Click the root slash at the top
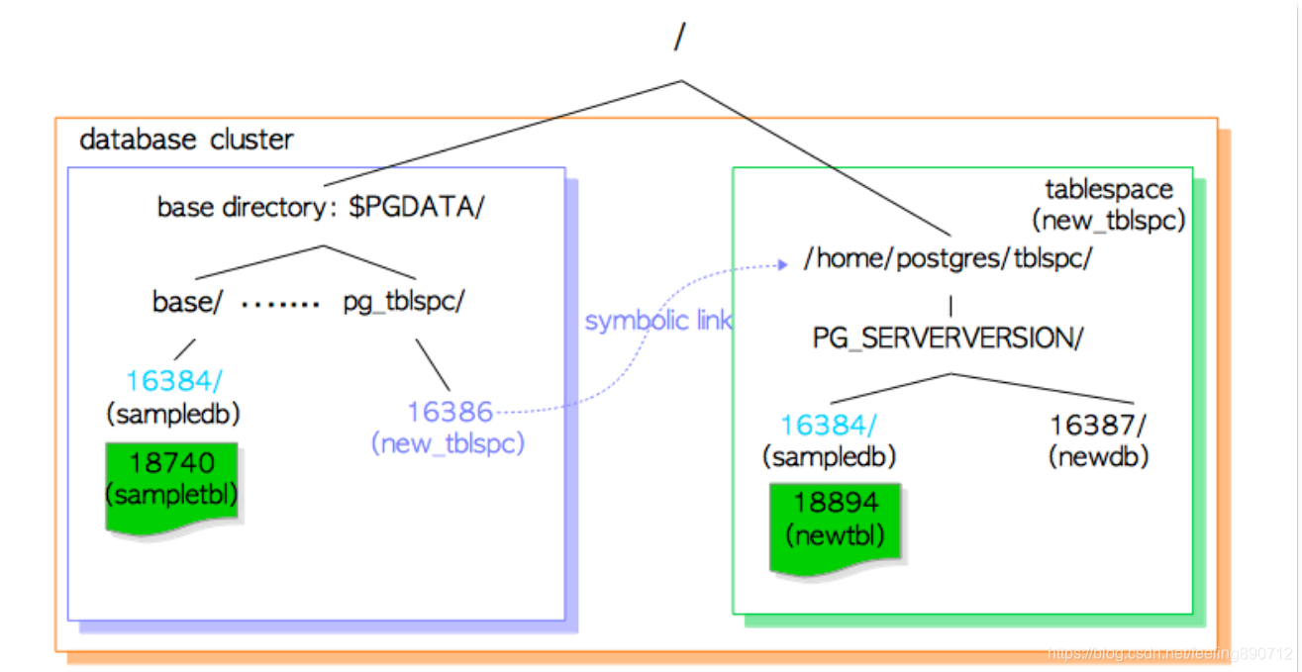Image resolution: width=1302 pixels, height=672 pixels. [679, 38]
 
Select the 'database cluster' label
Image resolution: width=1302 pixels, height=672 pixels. [186, 140]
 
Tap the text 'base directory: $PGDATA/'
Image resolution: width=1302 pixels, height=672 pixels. [321, 209]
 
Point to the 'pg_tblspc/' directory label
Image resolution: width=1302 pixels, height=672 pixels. [404, 302]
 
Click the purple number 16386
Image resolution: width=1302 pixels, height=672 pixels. [450, 411]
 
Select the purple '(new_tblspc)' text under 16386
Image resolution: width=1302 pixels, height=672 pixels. [448, 444]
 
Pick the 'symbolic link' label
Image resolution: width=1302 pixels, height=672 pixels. [658, 322]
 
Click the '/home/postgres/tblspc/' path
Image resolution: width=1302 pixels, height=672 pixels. [949, 260]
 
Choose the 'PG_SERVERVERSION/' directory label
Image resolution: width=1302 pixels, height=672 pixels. [949, 337]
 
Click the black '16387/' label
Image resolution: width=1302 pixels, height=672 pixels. [1098, 426]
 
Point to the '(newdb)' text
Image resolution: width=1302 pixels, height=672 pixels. [1098, 457]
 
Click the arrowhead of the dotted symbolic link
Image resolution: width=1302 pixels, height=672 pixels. [782, 264]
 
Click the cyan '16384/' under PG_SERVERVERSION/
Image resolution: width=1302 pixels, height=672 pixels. [828, 426]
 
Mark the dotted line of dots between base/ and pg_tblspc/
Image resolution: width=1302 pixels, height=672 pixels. [281, 304]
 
